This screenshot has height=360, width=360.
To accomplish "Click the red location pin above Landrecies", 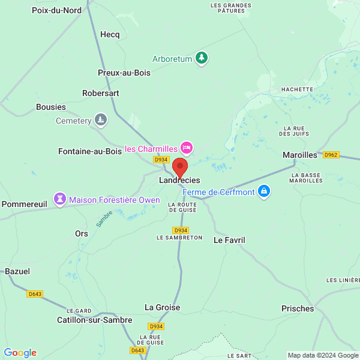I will (179, 167).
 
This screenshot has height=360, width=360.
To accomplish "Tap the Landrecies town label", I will (179, 180).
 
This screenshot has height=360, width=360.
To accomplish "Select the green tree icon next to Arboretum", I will (203, 58).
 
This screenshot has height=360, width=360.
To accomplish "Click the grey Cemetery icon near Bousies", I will (101, 121).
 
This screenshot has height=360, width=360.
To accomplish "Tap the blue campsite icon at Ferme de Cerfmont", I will (263, 192).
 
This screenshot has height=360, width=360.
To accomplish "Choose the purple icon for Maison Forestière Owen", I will (60, 199).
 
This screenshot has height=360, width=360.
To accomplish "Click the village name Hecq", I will (110, 35).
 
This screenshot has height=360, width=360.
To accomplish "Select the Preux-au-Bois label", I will (124, 73).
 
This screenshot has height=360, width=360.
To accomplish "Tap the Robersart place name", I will (101, 94).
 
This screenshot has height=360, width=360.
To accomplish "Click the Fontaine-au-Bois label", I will (90, 152).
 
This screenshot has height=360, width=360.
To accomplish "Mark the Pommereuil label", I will (25, 204).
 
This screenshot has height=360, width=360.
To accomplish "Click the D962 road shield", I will (331, 155).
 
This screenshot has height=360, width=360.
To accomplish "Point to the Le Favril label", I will (229, 240).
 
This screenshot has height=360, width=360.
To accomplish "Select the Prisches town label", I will (298, 308).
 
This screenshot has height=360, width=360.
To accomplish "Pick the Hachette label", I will (297, 89).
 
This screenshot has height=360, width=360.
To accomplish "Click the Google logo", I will (20, 353).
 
